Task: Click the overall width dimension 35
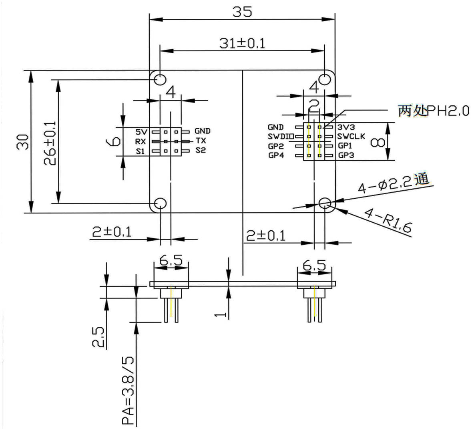[x=242, y=12]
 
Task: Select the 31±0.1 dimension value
[x=242, y=43]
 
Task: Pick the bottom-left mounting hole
[x=160, y=203]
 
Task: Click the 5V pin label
[x=141, y=131]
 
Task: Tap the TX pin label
[x=201, y=141]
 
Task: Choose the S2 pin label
[x=201, y=150]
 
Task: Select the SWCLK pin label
[x=351, y=136]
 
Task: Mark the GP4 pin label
[x=276, y=155]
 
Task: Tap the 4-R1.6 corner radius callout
[x=388, y=220]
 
